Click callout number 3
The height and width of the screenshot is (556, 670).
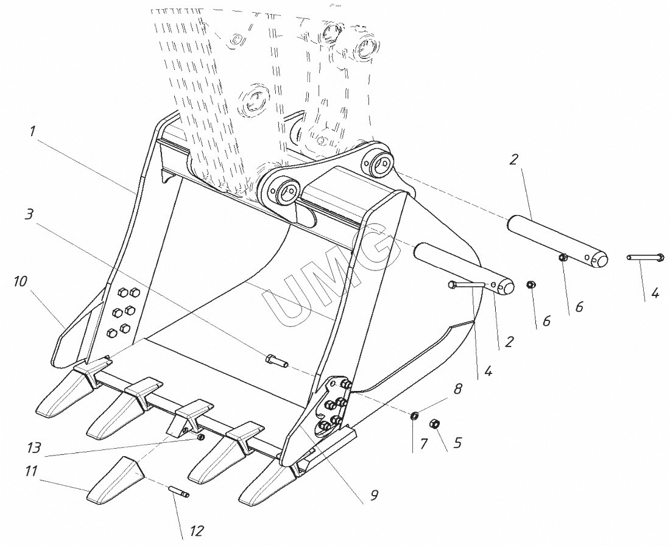point(29,215)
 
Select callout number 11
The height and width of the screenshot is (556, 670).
point(31,471)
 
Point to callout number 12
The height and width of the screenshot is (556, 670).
point(196,532)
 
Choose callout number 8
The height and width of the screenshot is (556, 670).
point(458,388)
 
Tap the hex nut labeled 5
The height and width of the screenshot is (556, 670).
point(435,424)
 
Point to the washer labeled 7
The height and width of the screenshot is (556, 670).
point(414,416)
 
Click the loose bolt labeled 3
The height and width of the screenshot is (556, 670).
point(278,361)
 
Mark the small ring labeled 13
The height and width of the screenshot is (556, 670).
point(201,437)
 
